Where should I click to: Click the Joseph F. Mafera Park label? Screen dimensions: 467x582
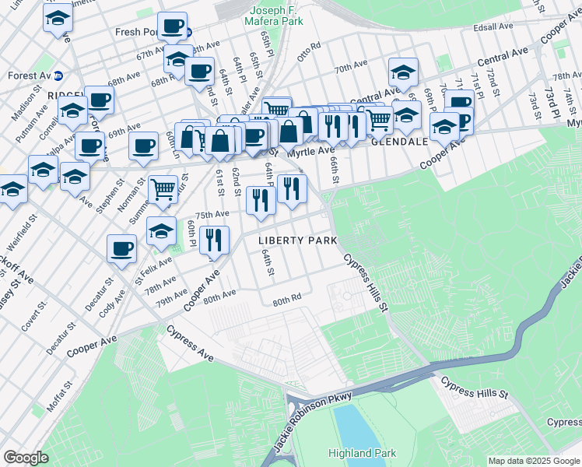pos(275,16)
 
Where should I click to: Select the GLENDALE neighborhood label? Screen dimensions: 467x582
pos(399,142)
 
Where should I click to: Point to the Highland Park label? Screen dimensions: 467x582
pos(363,453)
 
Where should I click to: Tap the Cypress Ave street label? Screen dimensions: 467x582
pos(190,343)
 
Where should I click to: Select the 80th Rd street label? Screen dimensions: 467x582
pos(286,300)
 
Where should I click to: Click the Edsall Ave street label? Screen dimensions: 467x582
pos(494,27)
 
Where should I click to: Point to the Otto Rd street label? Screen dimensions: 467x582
pos(309,51)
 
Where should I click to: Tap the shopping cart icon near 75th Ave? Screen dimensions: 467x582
pos(162,189)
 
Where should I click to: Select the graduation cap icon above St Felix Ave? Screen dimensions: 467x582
pos(161,230)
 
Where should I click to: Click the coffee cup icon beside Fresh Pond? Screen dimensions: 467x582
pos(172,26)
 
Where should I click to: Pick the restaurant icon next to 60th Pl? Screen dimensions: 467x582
pos(212,238)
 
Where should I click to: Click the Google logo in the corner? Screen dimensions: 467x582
pos(26,458)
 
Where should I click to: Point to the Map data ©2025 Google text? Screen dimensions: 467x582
pos(533,461)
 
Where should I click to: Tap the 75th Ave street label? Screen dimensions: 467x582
pos(212,214)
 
